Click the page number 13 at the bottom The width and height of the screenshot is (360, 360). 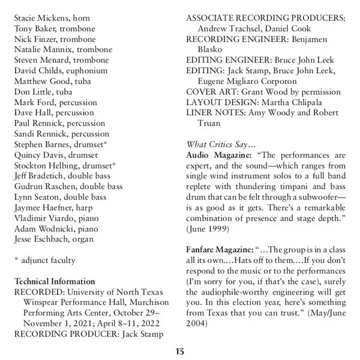(x=180, y=351)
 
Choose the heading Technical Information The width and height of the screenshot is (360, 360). (x=54, y=281)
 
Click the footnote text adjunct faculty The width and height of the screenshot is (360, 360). (x=49, y=260)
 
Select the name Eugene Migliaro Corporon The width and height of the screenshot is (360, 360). (x=247, y=81)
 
